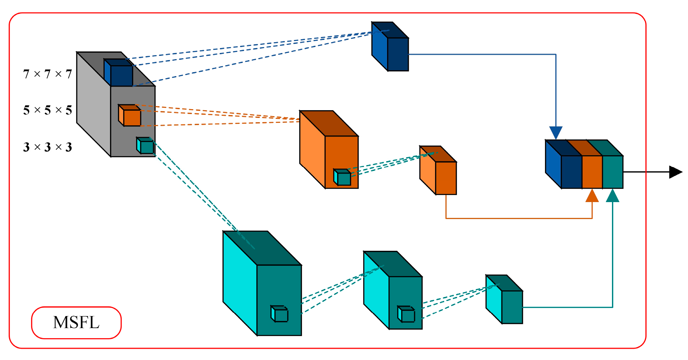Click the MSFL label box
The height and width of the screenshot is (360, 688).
coord(76,323)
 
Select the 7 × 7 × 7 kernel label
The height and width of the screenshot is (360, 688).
coord(47,74)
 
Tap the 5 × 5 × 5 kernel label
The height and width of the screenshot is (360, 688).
coord(47,110)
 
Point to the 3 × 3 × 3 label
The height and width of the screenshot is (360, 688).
coord(47,148)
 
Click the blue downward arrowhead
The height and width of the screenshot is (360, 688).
coord(556,132)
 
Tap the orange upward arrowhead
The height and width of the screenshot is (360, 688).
coord(592,196)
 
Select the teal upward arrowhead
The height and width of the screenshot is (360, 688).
coord(613,196)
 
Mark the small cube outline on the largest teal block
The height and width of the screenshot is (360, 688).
coord(280,314)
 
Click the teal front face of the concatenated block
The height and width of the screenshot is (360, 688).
coord(613,172)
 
